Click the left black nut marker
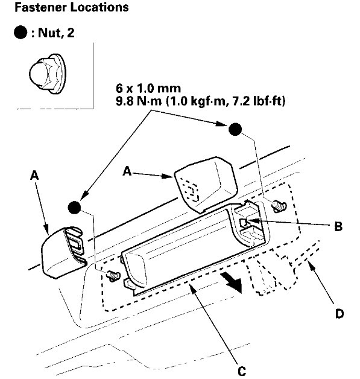tap(74, 207)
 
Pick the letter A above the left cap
tap(34, 175)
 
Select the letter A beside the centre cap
tap(127, 171)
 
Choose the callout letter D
tap(340, 314)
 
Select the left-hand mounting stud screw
tap(111, 275)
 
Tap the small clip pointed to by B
tap(244, 225)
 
